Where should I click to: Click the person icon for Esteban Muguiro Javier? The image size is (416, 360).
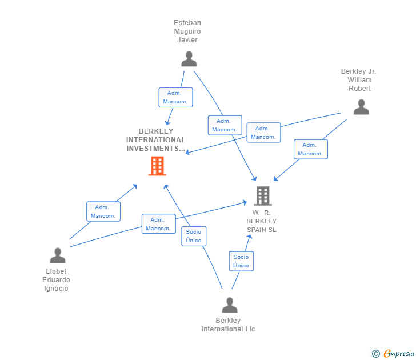189,59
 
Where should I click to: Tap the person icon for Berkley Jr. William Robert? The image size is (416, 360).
361,107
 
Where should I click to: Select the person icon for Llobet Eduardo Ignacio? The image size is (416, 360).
57,255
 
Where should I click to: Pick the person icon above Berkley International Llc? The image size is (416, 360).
229,305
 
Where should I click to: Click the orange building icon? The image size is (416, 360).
157,166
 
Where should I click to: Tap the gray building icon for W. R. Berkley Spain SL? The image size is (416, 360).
262,196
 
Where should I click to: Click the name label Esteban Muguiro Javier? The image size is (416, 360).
187,31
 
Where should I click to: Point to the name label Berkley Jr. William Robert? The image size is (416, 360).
359,80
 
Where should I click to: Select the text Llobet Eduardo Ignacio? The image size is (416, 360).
56,280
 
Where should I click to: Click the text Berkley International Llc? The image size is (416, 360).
228,325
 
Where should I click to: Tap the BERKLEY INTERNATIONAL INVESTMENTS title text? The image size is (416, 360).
156,140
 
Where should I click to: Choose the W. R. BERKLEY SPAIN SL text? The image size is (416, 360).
262,221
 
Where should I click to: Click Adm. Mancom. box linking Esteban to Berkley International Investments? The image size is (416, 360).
175,97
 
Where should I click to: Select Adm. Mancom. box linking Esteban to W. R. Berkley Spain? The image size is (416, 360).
225,125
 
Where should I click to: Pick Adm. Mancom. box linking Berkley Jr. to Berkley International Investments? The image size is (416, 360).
263,133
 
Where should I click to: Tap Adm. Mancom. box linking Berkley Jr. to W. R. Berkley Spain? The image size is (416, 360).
311,149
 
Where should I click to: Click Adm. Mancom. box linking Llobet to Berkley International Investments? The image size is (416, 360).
103,211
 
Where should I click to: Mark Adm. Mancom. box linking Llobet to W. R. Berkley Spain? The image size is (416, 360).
158,224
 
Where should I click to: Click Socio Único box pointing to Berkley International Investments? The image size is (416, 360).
194,236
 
